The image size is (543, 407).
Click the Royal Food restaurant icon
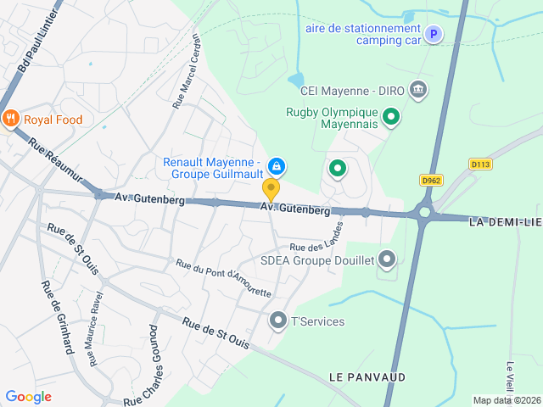coord(10,120)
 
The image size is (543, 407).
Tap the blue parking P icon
coord(434,35)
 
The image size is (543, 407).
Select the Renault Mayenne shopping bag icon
coord(276,165)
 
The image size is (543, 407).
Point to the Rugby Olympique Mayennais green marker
coord(391,116)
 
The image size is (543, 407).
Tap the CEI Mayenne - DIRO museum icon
coord(417,88)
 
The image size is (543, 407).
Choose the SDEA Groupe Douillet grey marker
coord(387,259)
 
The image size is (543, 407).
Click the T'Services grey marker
coord(277,321)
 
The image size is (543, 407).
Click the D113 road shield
coord(480,164)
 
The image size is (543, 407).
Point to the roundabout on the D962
coord(424,214)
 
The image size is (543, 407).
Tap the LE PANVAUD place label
coord(367,376)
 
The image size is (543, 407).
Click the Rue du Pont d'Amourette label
coord(223,279)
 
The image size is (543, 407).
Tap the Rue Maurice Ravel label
coord(93,328)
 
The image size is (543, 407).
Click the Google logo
coord(28,397)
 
